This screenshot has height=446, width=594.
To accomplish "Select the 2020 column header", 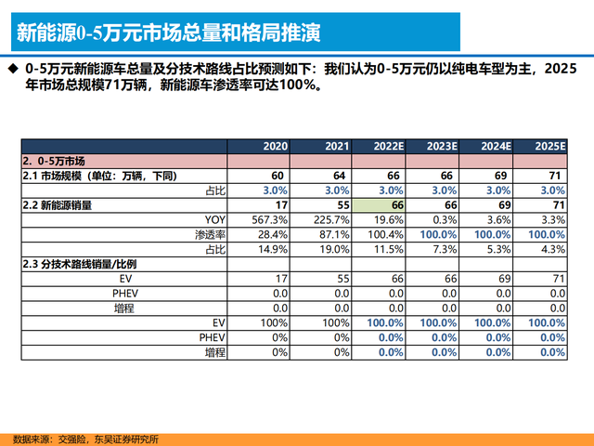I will (x=275, y=146).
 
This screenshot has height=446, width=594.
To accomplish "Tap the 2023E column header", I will (x=440, y=146).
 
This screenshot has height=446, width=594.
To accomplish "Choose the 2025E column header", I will (x=551, y=146).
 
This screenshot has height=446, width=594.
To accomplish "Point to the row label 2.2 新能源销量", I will (x=62, y=204).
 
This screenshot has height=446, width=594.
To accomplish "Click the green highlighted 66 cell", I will (x=387, y=204).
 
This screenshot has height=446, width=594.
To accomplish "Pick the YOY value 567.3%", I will (x=269, y=219).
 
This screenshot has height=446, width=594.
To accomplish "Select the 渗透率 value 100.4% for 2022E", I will (x=384, y=233).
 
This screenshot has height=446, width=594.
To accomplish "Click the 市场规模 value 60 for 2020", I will (x=278, y=176).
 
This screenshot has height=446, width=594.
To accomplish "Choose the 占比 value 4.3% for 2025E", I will (x=553, y=248).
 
